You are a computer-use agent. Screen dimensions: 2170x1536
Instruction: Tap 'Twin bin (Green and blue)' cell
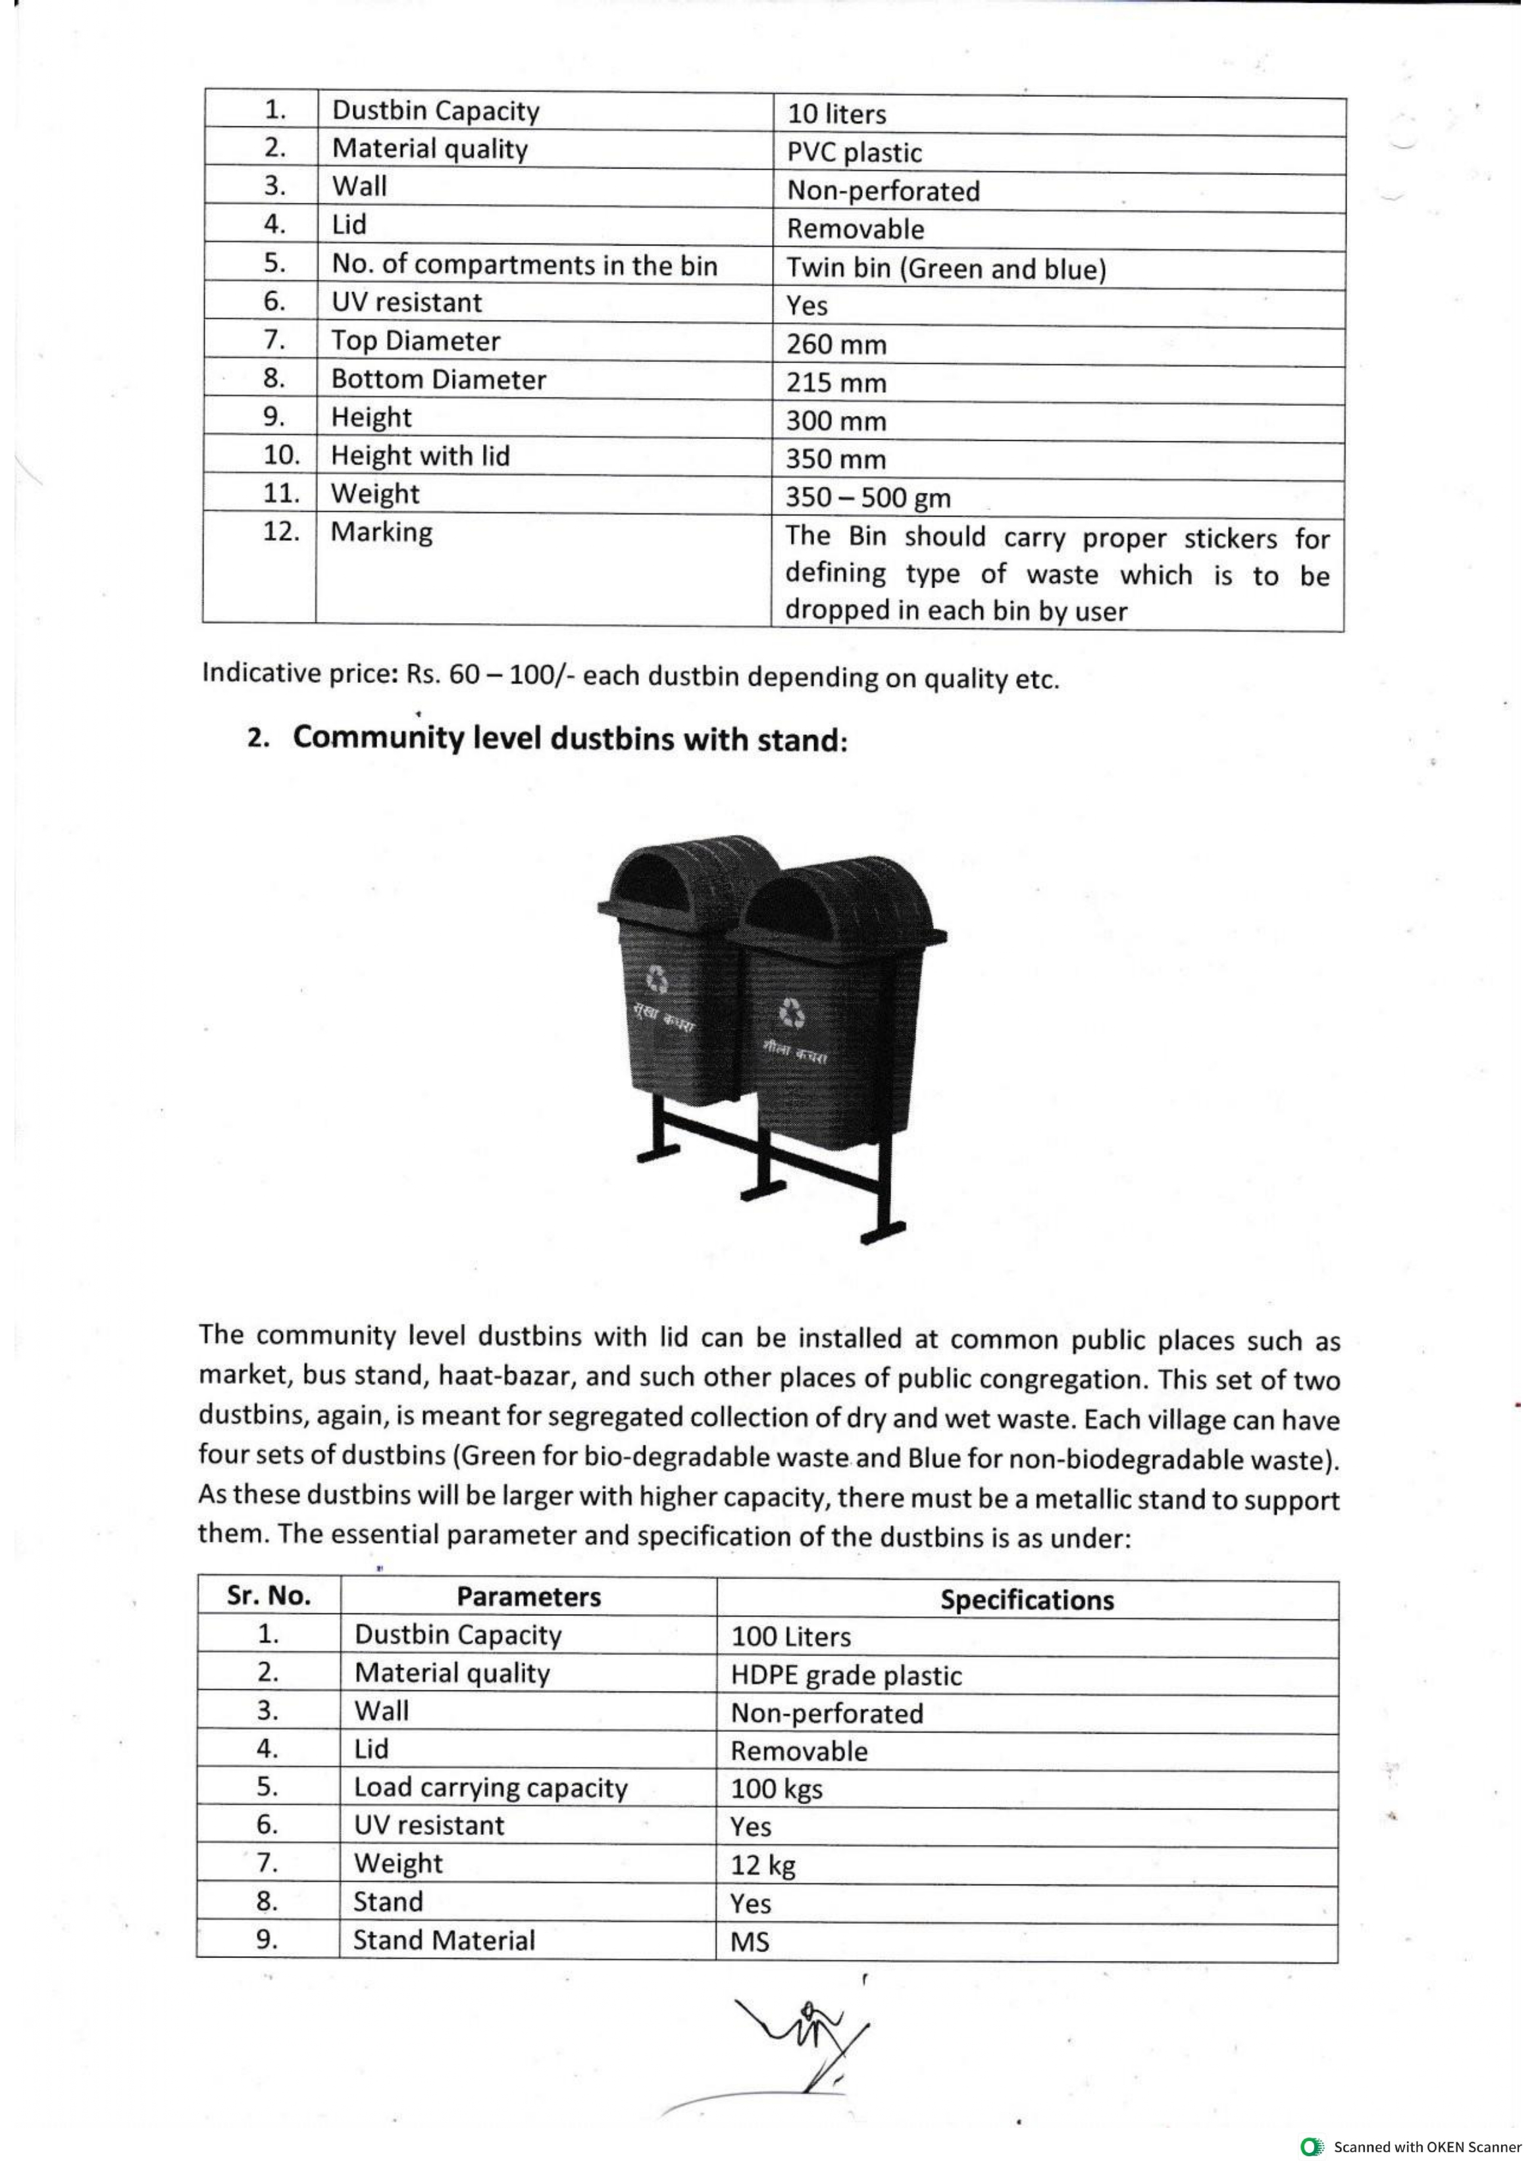pyautogui.click(x=946, y=270)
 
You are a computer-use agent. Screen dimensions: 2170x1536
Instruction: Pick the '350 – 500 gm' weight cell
pyautogui.click(x=867, y=498)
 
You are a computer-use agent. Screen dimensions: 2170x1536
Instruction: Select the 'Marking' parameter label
pyautogui.click(x=381, y=532)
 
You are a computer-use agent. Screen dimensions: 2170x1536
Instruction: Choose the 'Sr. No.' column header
pyautogui.click(x=269, y=1596)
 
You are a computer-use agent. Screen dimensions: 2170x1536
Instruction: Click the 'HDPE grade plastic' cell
pyautogui.click(x=846, y=1677)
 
